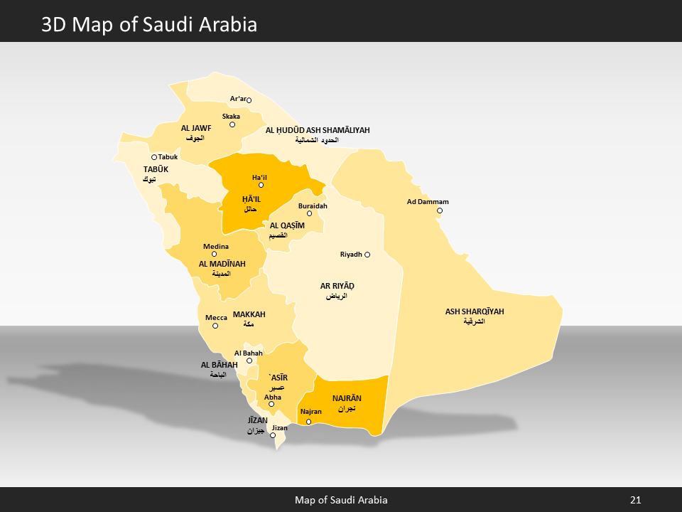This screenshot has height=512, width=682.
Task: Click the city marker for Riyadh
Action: tap(367, 255)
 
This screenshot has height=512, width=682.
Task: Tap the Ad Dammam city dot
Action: tap(440, 210)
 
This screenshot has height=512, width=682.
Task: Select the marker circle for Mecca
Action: tap(215, 326)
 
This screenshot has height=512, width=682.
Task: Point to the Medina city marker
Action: tap(215, 254)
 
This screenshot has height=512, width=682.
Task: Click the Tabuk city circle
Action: tap(154, 157)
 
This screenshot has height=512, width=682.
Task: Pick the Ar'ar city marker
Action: tap(249, 100)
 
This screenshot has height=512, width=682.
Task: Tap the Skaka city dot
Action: tap(232, 124)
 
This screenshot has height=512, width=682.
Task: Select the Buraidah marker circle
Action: tap(309, 213)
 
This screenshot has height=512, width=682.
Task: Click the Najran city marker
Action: tap(308, 422)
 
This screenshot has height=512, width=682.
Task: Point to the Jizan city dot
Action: tap(273, 435)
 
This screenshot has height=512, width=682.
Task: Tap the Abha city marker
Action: tap(271, 404)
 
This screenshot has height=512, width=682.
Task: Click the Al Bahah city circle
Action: tap(249, 361)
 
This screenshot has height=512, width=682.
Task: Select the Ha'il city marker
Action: tap(261, 185)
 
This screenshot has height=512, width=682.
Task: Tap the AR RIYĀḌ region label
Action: tap(337, 287)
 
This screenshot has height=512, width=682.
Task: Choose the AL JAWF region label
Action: tap(196, 128)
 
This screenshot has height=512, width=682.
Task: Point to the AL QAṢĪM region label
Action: tap(287, 225)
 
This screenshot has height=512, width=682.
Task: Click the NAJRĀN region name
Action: tap(347, 398)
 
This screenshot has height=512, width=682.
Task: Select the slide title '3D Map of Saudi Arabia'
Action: tap(149, 25)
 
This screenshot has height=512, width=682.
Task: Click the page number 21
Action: tap(635, 500)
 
